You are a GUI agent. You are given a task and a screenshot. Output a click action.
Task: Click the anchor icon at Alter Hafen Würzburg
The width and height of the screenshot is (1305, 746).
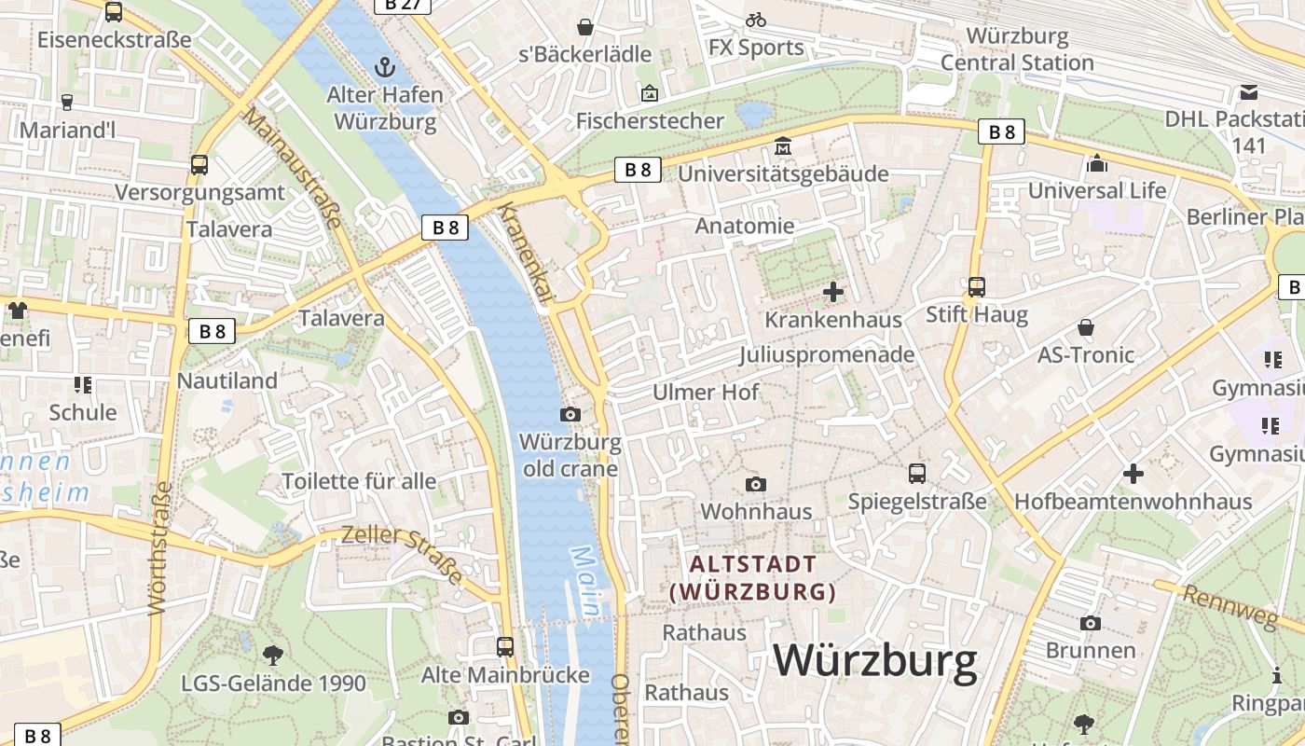pyautogui.click(x=384, y=67)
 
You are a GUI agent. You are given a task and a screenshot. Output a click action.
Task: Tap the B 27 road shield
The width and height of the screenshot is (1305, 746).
pyautogui.click(x=402, y=5)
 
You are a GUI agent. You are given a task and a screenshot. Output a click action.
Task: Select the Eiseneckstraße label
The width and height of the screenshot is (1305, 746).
pyautogui.click(x=114, y=40)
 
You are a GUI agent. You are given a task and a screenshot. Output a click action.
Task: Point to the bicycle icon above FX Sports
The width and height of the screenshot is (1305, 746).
pyautogui.click(x=756, y=20)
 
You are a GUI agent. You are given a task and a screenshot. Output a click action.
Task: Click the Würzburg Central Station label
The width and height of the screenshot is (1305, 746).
pyautogui.click(x=1017, y=49)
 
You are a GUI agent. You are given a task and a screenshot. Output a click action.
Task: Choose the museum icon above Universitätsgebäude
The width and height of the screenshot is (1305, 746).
pyautogui.click(x=783, y=147)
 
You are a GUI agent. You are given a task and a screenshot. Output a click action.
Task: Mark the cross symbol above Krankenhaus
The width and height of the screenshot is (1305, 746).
pyautogui.click(x=833, y=293)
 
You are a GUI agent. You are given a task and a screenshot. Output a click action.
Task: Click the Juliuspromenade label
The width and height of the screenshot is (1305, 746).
pyautogui.click(x=827, y=355)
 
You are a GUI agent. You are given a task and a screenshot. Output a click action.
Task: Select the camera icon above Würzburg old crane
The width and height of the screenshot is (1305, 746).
pyautogui.click(x=570, y=414)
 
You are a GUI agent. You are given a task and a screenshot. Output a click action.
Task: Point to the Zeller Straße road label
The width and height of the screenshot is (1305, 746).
pyautogui.click(x=402, y=554)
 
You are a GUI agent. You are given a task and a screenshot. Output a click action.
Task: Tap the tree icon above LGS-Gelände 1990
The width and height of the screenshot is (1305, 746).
pyautogui.click(x=273, y=655)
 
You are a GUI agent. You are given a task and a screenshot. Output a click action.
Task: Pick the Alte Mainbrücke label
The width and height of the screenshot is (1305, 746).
pyautogui.click(x=505, y=674)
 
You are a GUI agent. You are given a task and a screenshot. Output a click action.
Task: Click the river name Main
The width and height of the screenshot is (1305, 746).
pyautogui.click(x=585, y=580)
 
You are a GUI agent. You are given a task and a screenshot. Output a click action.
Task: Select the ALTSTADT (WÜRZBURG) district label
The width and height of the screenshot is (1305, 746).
pyautogui.click(x=752, y=577)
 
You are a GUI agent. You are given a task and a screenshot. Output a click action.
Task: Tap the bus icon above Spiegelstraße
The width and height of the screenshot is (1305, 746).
pyautogui.click(x=917, y=474)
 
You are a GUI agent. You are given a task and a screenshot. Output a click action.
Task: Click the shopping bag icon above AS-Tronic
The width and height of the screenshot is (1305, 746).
pyautogui.click(x=1086, y=327)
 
